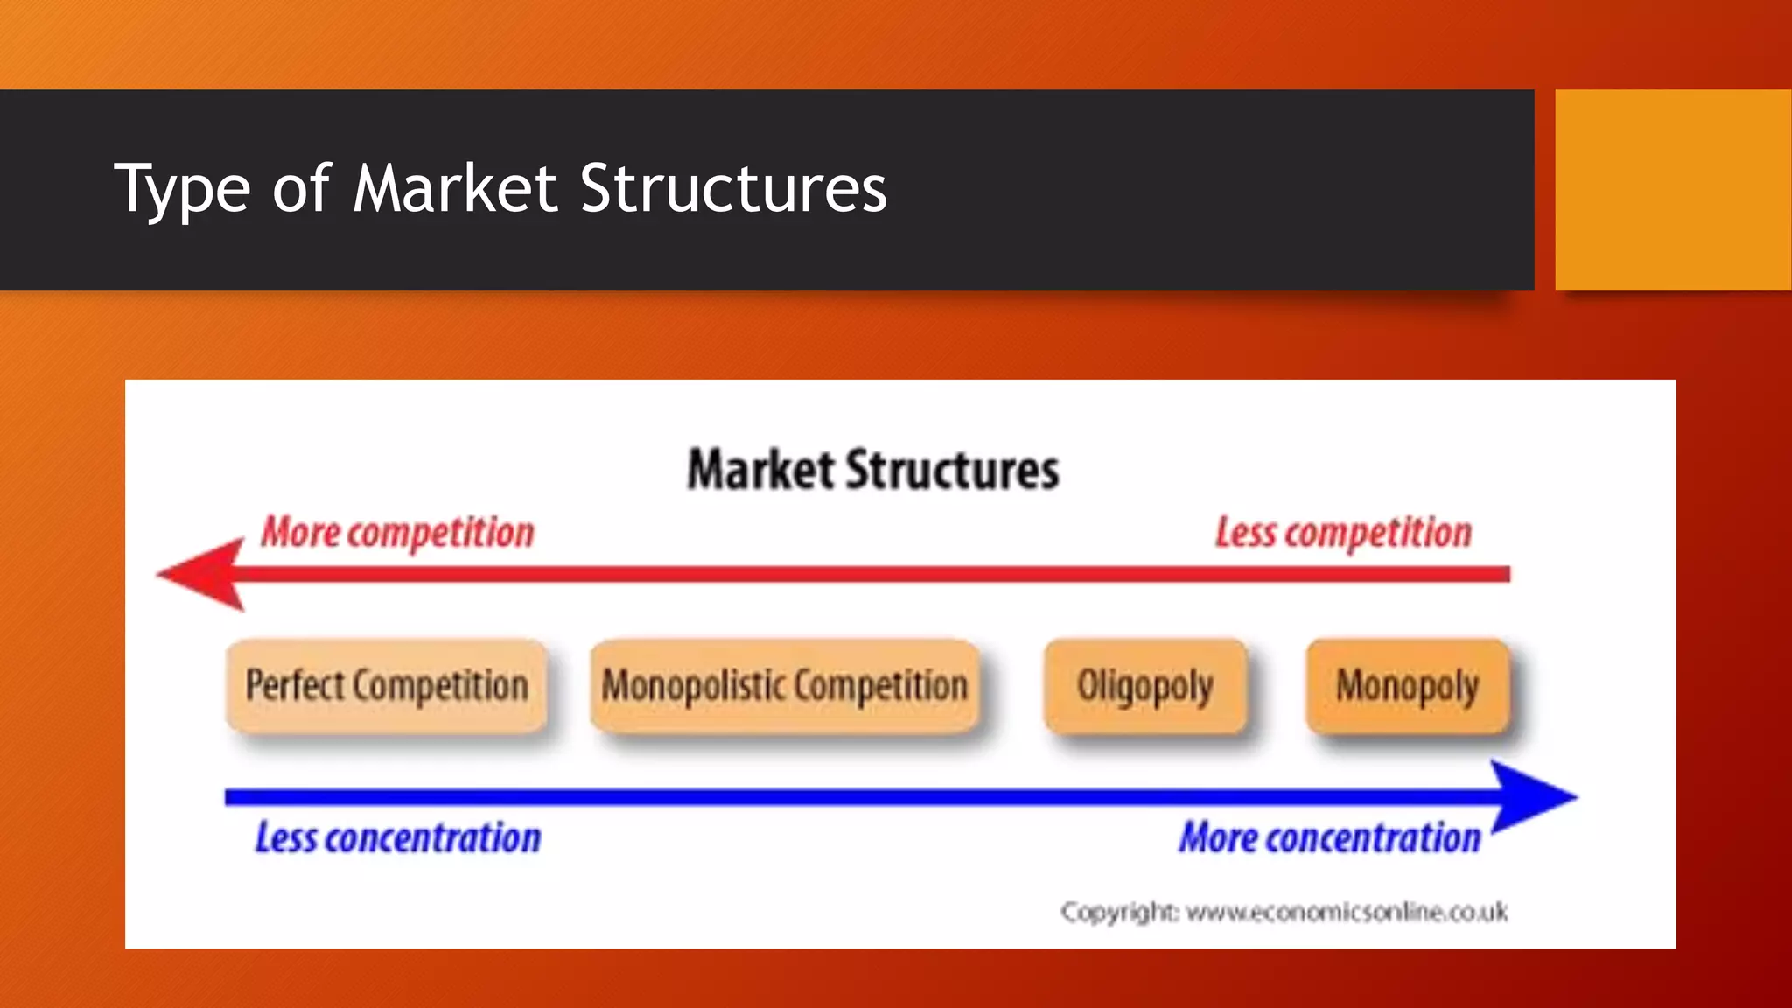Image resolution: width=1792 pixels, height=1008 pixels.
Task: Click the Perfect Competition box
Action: point(386,686)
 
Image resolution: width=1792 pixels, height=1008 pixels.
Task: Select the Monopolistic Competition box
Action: point(784,686)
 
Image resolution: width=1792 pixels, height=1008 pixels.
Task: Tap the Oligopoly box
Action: point(1144,686)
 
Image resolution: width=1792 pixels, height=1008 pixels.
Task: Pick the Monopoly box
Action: point(1407,686)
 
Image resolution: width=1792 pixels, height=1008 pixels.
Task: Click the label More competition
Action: point(397,532)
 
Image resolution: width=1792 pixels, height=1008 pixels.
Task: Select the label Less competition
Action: point(1343,532)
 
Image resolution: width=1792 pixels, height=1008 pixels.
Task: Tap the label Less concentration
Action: point(397,837)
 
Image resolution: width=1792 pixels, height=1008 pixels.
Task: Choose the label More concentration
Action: point(1329,837)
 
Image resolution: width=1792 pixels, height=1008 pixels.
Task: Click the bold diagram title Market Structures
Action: point(872,470)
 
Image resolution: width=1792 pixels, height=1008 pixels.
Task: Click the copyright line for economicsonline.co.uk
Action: point(1284,912)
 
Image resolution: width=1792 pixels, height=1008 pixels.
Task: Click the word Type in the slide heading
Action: point(182,191)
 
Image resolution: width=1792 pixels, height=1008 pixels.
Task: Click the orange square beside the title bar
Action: point(1672,189)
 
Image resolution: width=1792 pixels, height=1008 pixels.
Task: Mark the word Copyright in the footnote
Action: point(1119,913)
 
